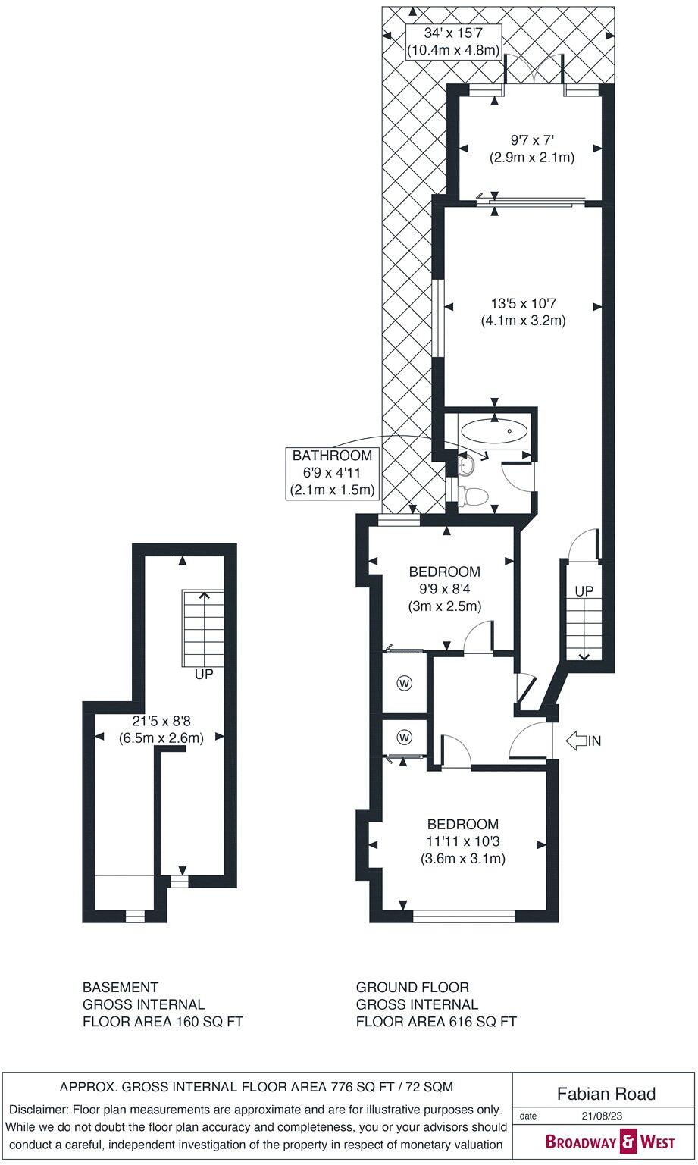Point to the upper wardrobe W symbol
(404, 684)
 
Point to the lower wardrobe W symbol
(404, 736)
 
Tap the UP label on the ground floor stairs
(584, 590)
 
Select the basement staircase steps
(203, 627)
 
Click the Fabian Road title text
(606, 1093)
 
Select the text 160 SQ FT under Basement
(206, 1021)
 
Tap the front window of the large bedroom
(464, 916)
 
